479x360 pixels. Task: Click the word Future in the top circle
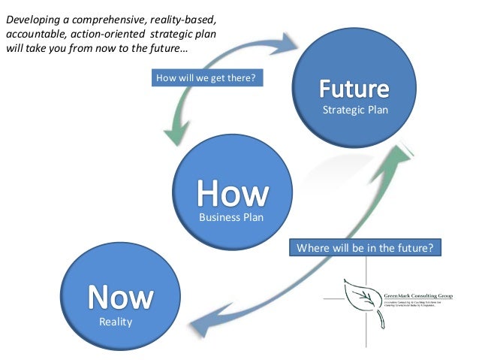coord(354,92)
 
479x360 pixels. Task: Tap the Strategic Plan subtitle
coord(354,111)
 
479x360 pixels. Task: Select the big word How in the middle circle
coord(233,194)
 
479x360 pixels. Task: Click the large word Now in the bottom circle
coord(120,297)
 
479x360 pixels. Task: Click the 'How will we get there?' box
coord(207,77)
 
